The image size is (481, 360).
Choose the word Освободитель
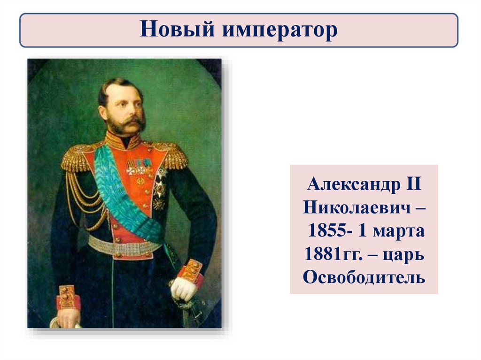coord(364,277)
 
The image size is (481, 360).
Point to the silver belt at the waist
coord(124,246)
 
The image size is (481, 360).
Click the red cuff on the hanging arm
coord(69,298)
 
